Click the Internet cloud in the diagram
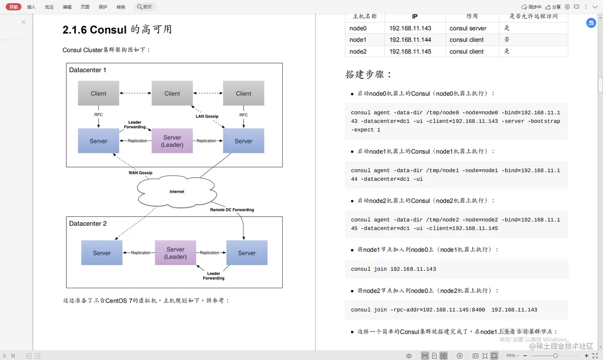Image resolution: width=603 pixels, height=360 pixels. coord(177,192)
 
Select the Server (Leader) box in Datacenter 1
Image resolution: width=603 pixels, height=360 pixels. coord(172,141)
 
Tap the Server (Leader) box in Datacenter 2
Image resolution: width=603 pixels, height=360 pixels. coord(175,253)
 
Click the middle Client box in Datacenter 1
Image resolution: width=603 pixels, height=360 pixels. coord(172,93)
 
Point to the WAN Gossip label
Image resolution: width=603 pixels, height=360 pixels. coord(140,173)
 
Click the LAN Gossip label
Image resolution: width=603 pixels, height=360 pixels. coord(207,116)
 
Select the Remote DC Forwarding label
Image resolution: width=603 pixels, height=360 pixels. coord(232,210)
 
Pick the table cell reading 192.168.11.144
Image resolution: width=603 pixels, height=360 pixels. coord(410,40)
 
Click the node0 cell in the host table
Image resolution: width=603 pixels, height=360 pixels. coord(358,28)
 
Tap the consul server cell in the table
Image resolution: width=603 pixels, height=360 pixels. coord(468,28)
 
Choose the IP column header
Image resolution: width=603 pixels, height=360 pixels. coord(415,16)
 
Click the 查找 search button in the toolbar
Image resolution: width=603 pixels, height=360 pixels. coord(144,7)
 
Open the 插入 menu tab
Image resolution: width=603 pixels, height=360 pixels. coord(32,7)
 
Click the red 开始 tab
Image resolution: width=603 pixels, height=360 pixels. coord(14,7)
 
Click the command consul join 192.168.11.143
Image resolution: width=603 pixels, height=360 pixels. coord(393,269)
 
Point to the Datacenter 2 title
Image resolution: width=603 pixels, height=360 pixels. coord(88,224)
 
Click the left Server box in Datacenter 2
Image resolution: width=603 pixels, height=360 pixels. coord(102,253)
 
